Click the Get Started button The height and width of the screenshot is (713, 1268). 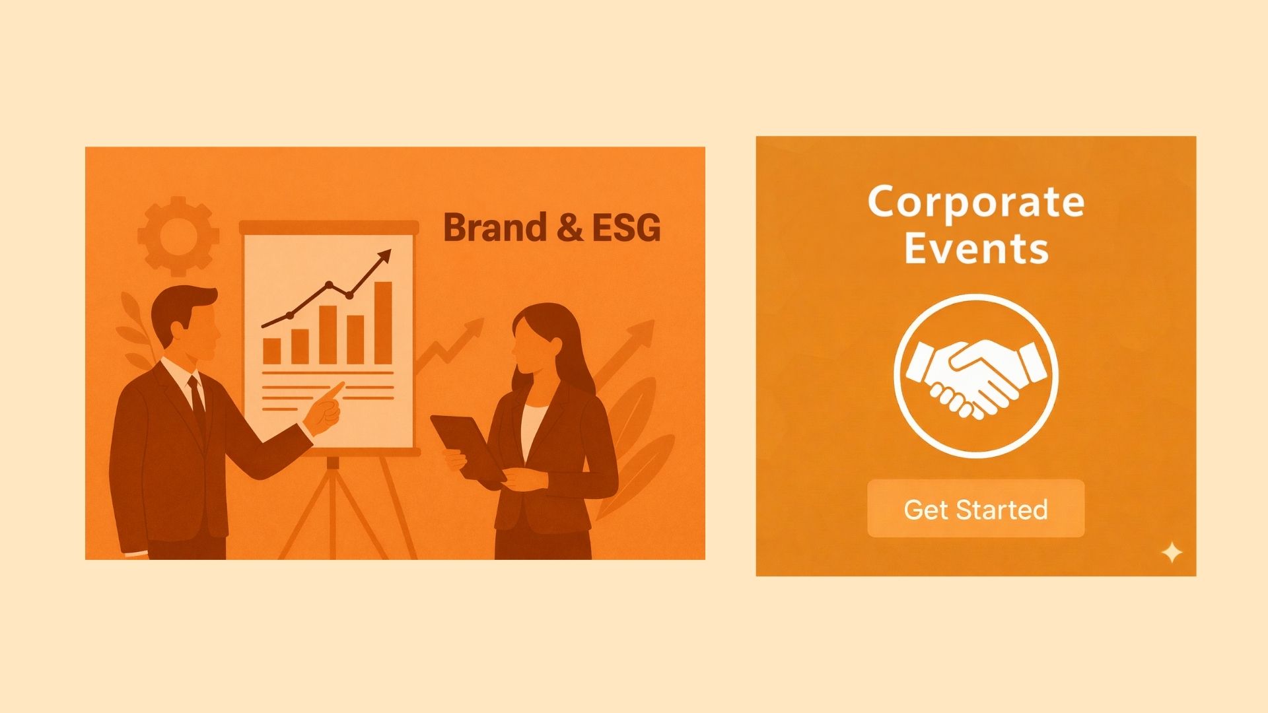975,508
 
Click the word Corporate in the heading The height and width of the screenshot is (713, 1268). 975,202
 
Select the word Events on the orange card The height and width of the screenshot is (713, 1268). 976,249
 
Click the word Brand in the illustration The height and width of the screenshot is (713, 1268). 495,227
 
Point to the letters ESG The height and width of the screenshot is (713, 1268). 626,228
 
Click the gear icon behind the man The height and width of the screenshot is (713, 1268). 178,236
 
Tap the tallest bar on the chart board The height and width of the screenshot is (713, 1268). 383,323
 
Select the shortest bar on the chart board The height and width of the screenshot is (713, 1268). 271,351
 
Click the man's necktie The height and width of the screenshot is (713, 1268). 197,402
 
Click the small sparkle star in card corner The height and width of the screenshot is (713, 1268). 1172,553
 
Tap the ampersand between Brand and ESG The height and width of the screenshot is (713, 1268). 569,228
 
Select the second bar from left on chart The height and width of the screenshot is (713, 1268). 300,347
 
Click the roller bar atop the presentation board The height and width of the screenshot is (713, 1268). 329,227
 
